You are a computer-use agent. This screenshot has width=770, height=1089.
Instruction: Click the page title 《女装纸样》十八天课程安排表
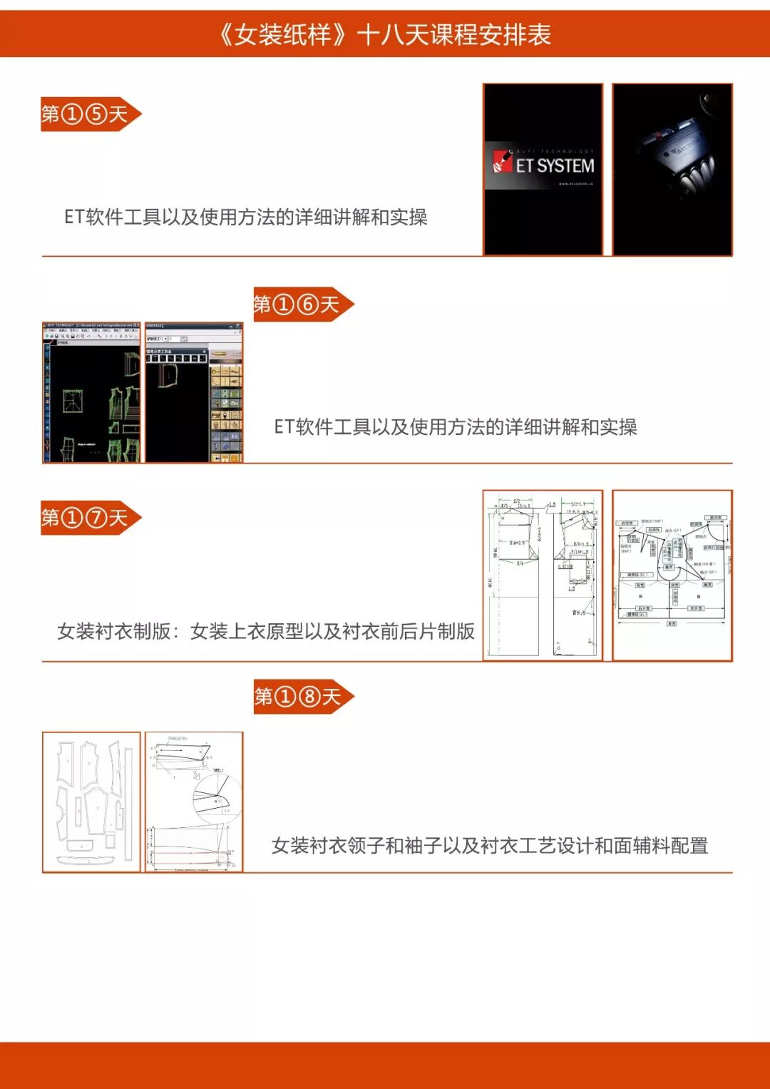click(385, 34)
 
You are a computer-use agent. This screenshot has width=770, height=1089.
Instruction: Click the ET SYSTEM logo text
click(554, 165)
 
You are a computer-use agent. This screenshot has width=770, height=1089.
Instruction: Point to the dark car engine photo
click(672, 169)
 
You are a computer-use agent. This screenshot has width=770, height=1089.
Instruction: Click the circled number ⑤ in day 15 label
click(96, 114)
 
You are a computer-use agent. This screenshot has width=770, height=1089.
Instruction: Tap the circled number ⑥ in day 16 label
click(307, 305)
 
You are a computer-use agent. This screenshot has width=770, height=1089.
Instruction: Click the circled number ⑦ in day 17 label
click(96, 517)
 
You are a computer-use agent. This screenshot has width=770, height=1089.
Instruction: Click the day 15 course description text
click(246, 217)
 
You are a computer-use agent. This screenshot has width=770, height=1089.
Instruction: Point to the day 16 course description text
click(456, 426)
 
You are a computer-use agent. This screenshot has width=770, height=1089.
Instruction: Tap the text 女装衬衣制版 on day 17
click(114, 631)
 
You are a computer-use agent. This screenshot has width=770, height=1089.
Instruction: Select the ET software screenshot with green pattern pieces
click(92, 392)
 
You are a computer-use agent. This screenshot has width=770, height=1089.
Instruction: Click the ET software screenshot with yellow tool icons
click(194, 392)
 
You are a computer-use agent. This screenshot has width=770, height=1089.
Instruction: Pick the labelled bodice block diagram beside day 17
click(672, 575)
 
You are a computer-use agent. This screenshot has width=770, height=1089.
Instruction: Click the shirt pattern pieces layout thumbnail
click(92, 802)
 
